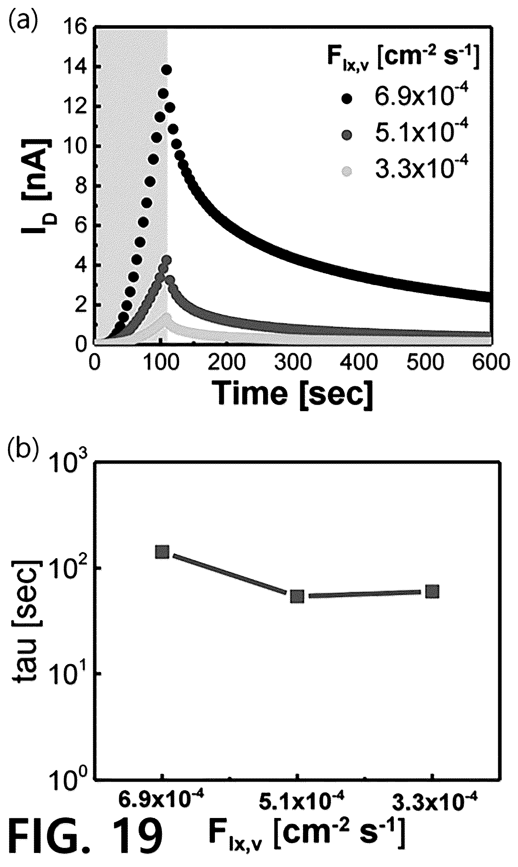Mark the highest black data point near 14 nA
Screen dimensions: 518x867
166,70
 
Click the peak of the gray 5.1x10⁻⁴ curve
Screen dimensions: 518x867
166,260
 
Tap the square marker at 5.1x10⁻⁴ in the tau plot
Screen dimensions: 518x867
297,596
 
